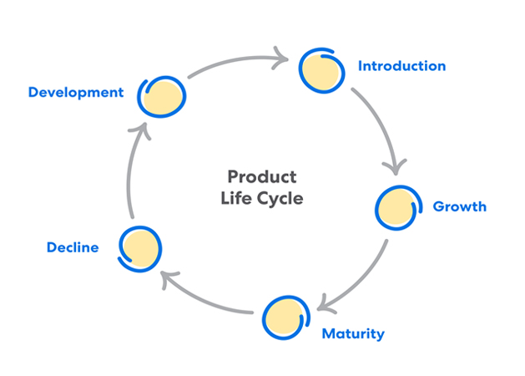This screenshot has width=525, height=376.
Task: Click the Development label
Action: click(x=76, y=92)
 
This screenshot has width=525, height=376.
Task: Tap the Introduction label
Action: click(x=401, y=66)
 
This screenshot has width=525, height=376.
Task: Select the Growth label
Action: click(x=459, y=206)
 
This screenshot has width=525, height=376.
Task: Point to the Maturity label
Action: click(x=353, y=334)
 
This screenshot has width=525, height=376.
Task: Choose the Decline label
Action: click(x=73, y=247)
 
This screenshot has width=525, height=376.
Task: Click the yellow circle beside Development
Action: click(x=162, y=98)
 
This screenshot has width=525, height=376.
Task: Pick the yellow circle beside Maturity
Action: click(x=285, y=316)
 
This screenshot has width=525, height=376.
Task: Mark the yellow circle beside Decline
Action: click(x=140, y=247)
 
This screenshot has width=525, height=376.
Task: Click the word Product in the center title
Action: click(x=261, y=177)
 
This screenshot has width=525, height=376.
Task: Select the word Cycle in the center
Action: click(x=280, y=199)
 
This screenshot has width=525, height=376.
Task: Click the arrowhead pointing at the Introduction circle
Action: click(x=281, y=59)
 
